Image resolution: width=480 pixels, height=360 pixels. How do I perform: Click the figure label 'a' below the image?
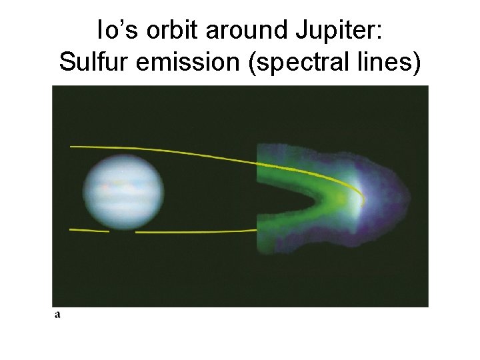tap(57, 314)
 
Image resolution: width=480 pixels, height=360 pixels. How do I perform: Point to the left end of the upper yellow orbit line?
tap(71, 146)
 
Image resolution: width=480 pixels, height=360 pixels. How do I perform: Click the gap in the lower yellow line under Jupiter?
tap(122, 232)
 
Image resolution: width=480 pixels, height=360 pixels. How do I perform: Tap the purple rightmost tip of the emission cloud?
tap(406, 193)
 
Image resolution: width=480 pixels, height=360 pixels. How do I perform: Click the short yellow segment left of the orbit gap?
tap(89, 231)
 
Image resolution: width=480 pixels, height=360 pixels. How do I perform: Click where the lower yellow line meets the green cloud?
tap(257, 231)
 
